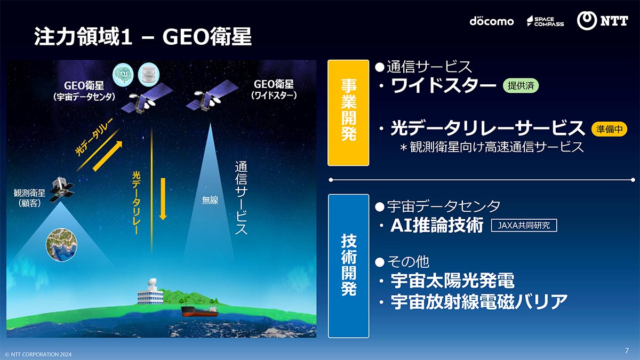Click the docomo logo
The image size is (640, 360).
[x=491, y=21]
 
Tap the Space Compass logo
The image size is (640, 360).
[x=545, y=21]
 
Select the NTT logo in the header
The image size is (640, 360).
[x=602, y=21]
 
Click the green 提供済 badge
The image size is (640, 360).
[x=521, y=85]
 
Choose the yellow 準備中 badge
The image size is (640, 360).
[x=609, y=129]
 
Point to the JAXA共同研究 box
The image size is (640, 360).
[x=524, y=226]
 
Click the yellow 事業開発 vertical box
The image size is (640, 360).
[x=348, y=113]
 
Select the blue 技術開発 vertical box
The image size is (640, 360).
[x=348, y=266]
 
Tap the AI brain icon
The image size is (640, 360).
[x=123, y=75]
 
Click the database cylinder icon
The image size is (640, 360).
[x=149, y=74]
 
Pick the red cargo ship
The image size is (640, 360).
[x=199, y=311]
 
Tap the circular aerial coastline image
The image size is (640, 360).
[x=61, y=244]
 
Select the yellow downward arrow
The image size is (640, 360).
[x=163, y=199]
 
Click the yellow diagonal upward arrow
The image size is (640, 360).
[x=107, y=156]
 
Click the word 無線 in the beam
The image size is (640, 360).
[x=210, y=200]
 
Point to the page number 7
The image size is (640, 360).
[x=627, y=350]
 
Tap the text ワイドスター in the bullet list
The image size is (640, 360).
[x=443, y=85]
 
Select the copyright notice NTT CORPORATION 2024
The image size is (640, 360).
[x=38, y=354]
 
